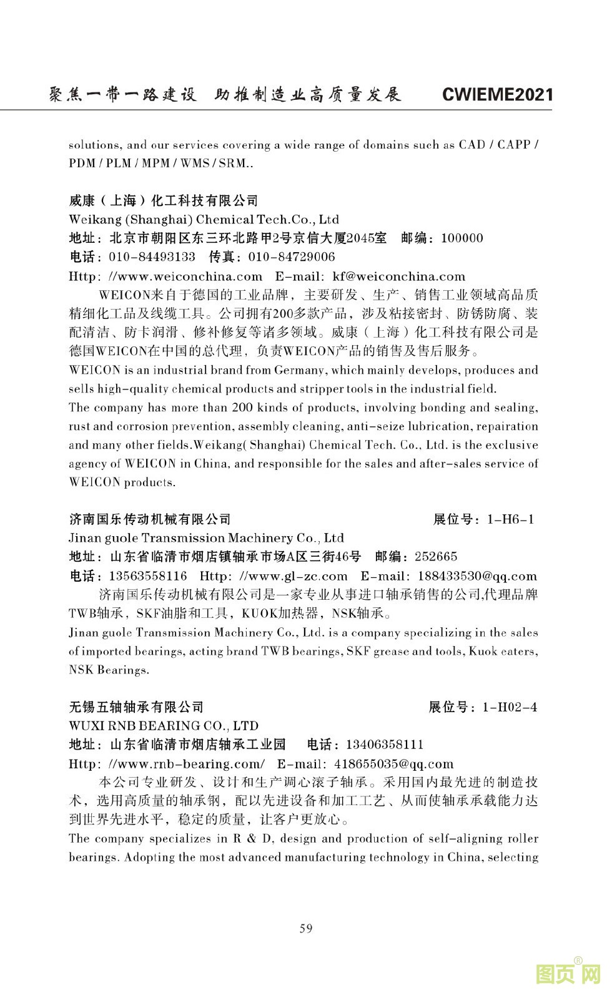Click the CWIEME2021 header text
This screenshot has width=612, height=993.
[497, 95]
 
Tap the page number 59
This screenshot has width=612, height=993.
[306, 928]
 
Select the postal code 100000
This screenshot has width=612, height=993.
[462, 238]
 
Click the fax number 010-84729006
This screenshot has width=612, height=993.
[292, 257]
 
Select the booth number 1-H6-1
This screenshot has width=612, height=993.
[511, 519]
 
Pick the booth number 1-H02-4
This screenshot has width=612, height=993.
[510, 707]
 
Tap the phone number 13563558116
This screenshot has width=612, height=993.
[148, 575]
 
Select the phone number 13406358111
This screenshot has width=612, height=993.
[384, 745]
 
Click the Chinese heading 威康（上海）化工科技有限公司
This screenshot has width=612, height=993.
[164, 200]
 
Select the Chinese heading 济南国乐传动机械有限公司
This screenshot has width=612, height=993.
[150, 519]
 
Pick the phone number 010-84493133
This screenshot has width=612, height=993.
[152, 257]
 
